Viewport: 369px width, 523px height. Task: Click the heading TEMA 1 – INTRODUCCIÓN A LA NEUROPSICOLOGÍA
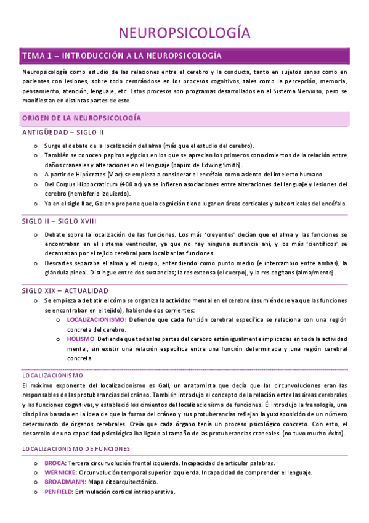pyautogui.click(x=121, y=56)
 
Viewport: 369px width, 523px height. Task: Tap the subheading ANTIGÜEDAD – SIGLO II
pyautogui.click(x=63, y=132)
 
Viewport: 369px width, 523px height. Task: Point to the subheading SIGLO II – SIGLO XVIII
pyautogui.click(x=59, y=221)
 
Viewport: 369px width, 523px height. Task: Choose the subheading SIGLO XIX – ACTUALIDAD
pyautogui.click(x=65, y=290)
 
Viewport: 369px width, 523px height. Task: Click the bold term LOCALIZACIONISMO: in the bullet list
pyautogui.click(x=95, y=319)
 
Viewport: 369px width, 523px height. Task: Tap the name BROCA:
pyautogui.click(x=55, y=463)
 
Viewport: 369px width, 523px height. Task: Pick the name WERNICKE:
pyautogui.click(x=60, y=472)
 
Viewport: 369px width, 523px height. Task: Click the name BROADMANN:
pyautogui.click(x=63, y=482)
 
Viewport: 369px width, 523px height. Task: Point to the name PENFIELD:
pyautogui.click(x=59, y=492)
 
